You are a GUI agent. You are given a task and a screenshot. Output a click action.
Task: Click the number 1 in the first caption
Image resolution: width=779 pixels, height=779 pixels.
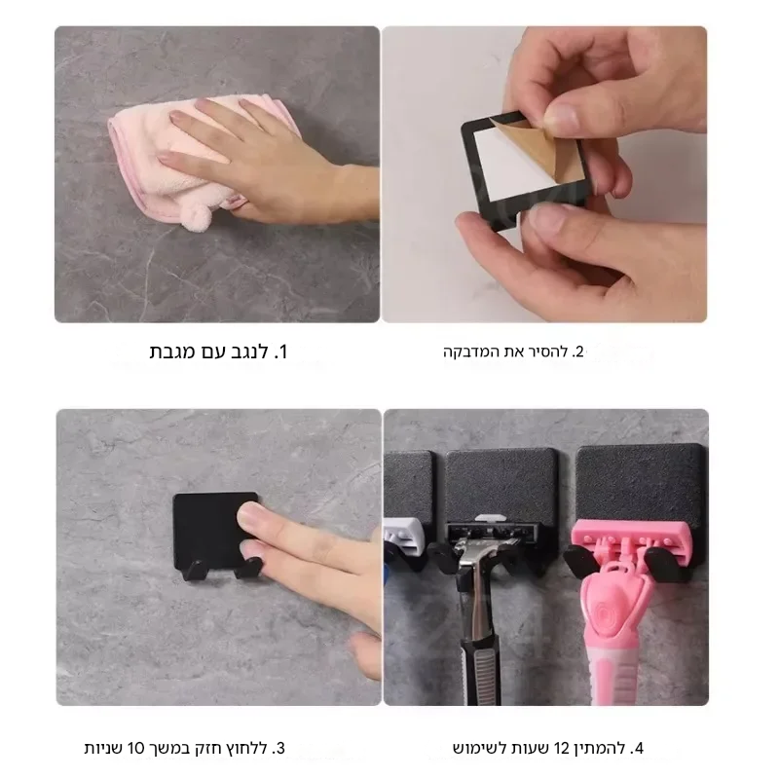point(281,352)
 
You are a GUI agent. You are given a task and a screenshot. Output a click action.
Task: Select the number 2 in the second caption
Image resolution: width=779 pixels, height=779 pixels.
point(578,352)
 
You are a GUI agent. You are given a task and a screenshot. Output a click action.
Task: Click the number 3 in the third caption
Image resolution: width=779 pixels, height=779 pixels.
point(280,748)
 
